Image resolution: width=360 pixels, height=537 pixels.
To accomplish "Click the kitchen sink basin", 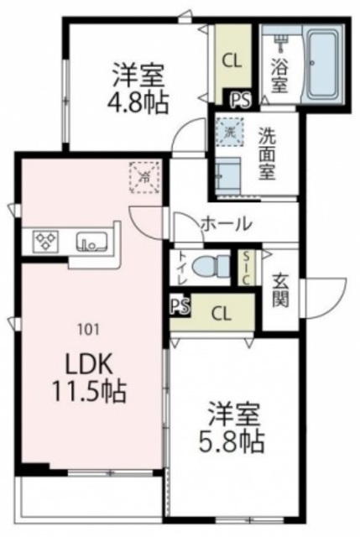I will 89,242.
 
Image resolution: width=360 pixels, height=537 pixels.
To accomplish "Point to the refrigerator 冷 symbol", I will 143,178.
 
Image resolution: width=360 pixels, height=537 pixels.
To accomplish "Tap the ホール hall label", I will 226,224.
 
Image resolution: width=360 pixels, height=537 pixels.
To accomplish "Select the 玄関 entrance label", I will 279,288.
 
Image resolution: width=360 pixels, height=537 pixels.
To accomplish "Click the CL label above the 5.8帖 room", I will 222,314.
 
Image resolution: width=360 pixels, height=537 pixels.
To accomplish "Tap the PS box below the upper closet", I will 240,99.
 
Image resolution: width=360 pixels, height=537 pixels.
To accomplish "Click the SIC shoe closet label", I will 248,269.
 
